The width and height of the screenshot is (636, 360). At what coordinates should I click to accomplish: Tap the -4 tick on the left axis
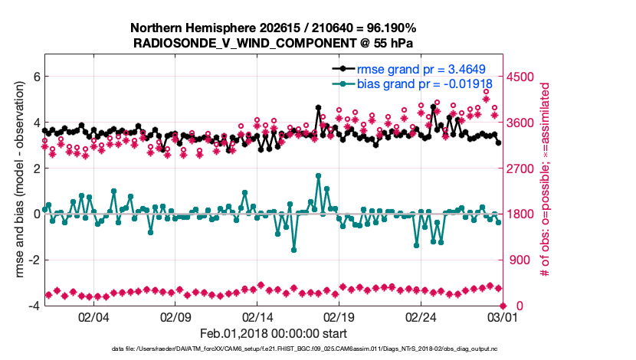[x=34, y=306]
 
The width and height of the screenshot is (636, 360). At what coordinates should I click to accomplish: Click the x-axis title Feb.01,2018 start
[x=273, y=333]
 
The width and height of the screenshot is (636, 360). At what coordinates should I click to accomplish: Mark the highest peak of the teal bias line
[x=318, y=175]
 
